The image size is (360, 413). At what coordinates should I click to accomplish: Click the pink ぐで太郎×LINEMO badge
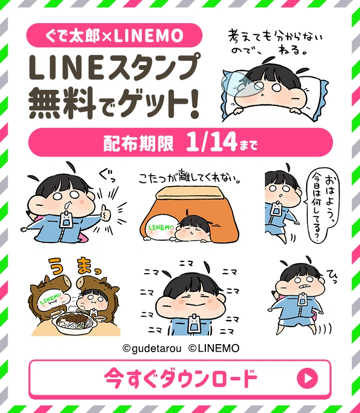(x=114, y=36)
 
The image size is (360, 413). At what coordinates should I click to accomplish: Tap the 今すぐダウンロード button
(x=179, y=379)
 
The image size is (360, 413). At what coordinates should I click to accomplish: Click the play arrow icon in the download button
(x=307, y=379)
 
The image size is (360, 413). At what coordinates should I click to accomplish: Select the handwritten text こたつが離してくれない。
(x=189, y=177)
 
